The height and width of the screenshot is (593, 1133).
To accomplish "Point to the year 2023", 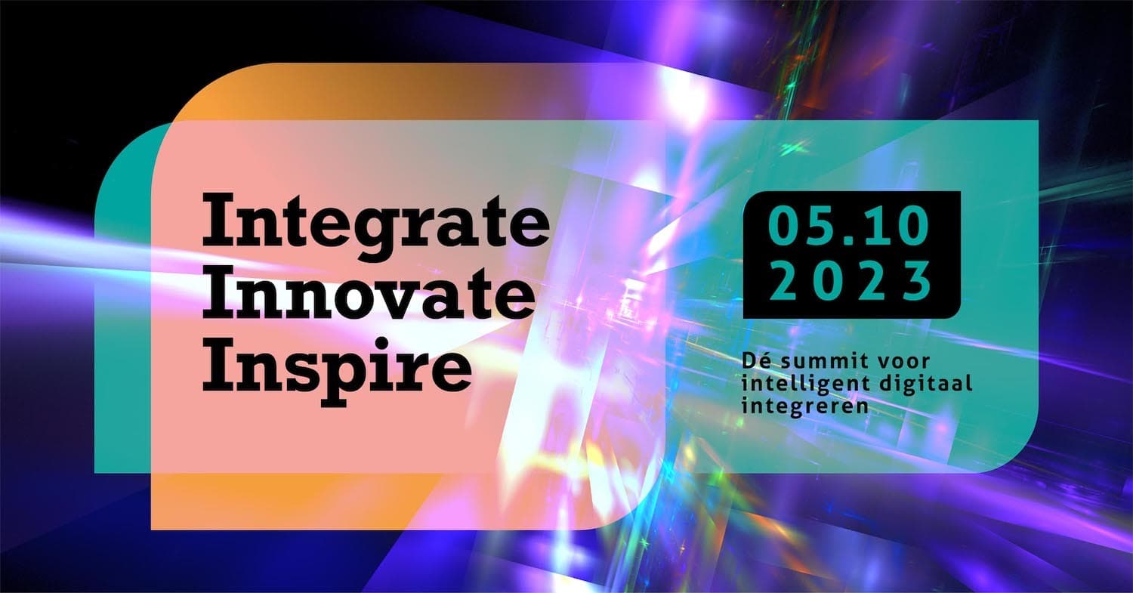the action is tap(851, 280).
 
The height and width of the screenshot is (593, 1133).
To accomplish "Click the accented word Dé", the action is tap(756, 360).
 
